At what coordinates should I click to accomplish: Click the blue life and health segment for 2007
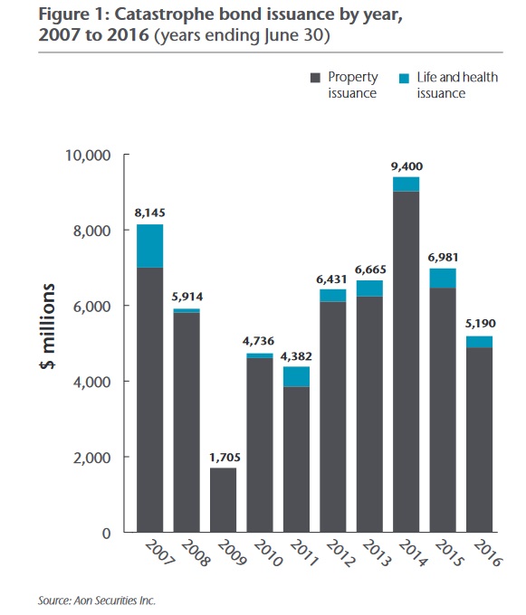[149, 245]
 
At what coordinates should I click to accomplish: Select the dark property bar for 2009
[223, 499]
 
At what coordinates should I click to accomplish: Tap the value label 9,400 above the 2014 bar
[406, 166]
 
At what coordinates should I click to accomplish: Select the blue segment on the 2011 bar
[296, 376]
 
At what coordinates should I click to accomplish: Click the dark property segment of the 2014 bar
[406, 362]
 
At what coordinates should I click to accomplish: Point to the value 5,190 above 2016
[480, 324]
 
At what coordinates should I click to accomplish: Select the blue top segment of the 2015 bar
[443, 278]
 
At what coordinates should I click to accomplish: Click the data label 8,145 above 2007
[149, 213]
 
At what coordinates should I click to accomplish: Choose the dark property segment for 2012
[333, 416]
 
